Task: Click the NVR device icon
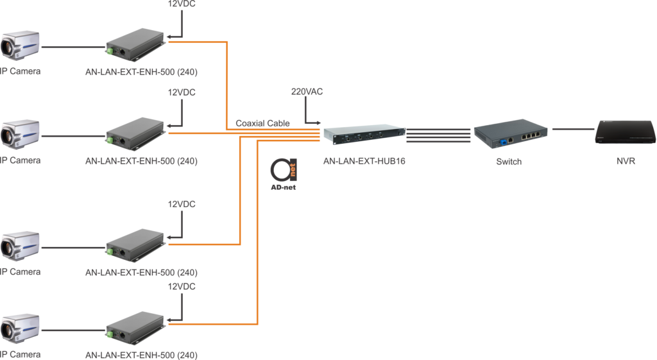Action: click(x=625, y=131)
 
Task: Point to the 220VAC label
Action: click(x=307, y=92)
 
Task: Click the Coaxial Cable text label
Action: click(x=262, y=123)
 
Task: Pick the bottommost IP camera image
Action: click(x=20, y=329)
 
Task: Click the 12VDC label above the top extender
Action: click(x=182, y=4)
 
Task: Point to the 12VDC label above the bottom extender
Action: click(x=182, y=286)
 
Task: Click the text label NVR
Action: click(x=624, y=162)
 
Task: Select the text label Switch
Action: click(x=509, y=162)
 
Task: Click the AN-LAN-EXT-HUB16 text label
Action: click(x=364, y=162)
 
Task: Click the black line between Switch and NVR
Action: click(x=572, y=129)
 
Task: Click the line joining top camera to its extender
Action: click(x=73, y=47)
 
